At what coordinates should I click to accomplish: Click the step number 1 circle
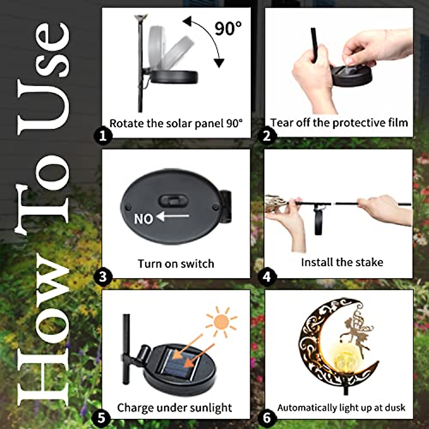(103, 135)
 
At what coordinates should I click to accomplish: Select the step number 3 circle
(103, 277)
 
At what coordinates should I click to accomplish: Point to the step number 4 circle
(267, 277)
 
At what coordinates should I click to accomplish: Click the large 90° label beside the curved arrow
(227, 28)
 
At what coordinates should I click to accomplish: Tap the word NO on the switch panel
(144, 219)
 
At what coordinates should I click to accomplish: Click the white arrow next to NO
(173, 216)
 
